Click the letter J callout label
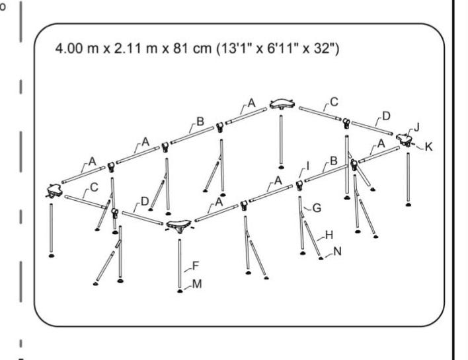pos(416,127)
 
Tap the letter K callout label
pos(428,147)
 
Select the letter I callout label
pos(308,166)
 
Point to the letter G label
pos(317,208)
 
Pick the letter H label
pos(329,235)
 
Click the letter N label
pos(338,252)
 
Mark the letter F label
pos(196,266)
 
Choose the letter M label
pos(197,284)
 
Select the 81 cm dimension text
pos(192,48)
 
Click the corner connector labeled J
pos(405,139)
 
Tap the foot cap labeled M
pos(179,291)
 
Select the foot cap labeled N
pos(321,258)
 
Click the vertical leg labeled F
pos(180,264)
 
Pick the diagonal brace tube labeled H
pos(312,238)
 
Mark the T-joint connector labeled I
pos(299,186)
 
